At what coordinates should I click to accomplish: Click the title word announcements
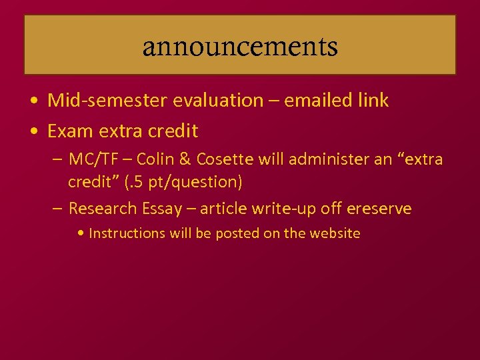click(240, 47)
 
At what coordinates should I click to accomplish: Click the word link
click(373, 101)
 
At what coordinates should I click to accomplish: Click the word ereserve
click(379, 209)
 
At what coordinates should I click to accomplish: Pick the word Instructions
click(126, 233)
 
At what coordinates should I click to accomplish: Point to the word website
click(333, 233)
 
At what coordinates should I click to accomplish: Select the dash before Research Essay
click(58, 209)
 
